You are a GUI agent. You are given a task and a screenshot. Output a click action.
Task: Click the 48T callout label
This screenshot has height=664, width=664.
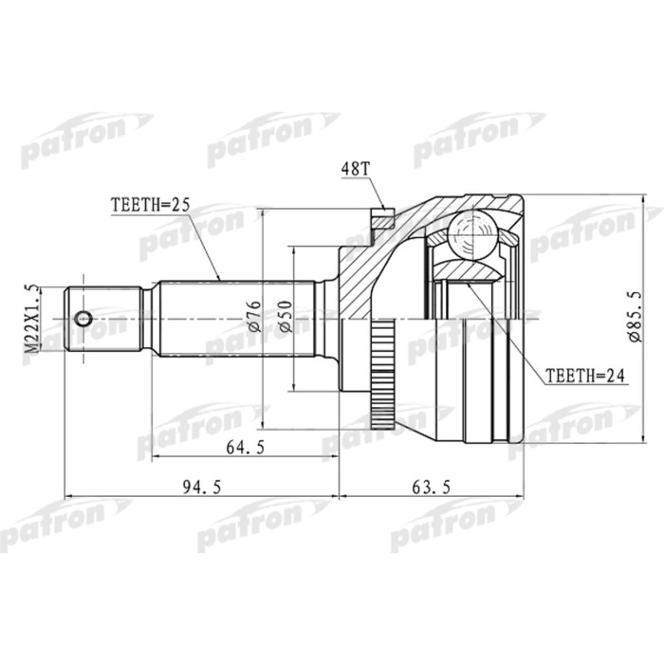click(354, 169)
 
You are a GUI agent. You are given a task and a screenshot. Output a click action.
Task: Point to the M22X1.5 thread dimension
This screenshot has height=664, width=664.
click(32, 319)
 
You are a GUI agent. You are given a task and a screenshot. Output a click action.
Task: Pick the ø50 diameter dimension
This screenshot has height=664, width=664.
click(283, 316)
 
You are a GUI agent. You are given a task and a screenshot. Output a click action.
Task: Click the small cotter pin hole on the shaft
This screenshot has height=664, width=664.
click(83, 319)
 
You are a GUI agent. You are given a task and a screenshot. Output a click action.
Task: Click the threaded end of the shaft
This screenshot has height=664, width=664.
click(104, 319)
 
